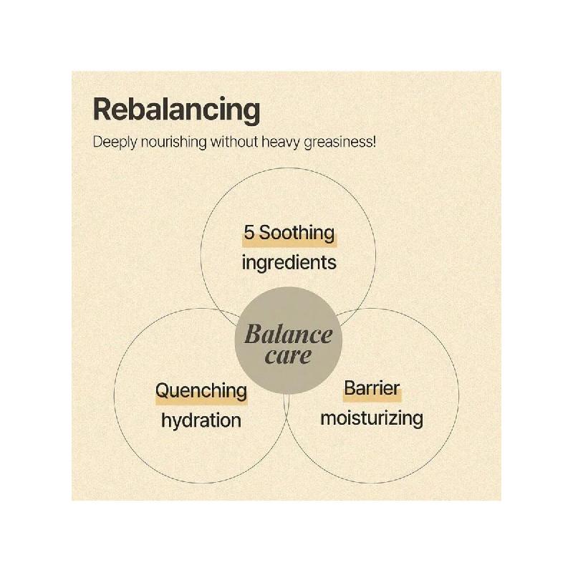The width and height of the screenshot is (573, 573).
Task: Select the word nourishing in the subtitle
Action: [x=174, y=143]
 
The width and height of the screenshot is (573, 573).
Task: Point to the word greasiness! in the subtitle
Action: [x=340, y=143]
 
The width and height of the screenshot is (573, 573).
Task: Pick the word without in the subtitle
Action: [x=234, y=142]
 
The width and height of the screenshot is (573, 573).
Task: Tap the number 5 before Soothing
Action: [x=249, y=232]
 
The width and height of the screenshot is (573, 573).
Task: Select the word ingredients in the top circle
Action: [x=289, y=263]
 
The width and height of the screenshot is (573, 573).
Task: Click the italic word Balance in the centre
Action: [x=289, y=334]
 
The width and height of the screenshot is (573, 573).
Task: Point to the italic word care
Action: [x=289, y=356]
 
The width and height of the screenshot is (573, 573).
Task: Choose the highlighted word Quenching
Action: [x=201, y=391]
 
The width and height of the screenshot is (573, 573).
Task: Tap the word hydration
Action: [x=201, y=421]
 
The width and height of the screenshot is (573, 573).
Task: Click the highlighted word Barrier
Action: [x=372, y=388]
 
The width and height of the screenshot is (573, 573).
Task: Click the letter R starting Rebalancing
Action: [x=102, y=110]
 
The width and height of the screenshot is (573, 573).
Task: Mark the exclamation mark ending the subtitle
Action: [x=374, y=141]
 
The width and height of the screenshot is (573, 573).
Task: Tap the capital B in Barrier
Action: [x=350, y=388]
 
